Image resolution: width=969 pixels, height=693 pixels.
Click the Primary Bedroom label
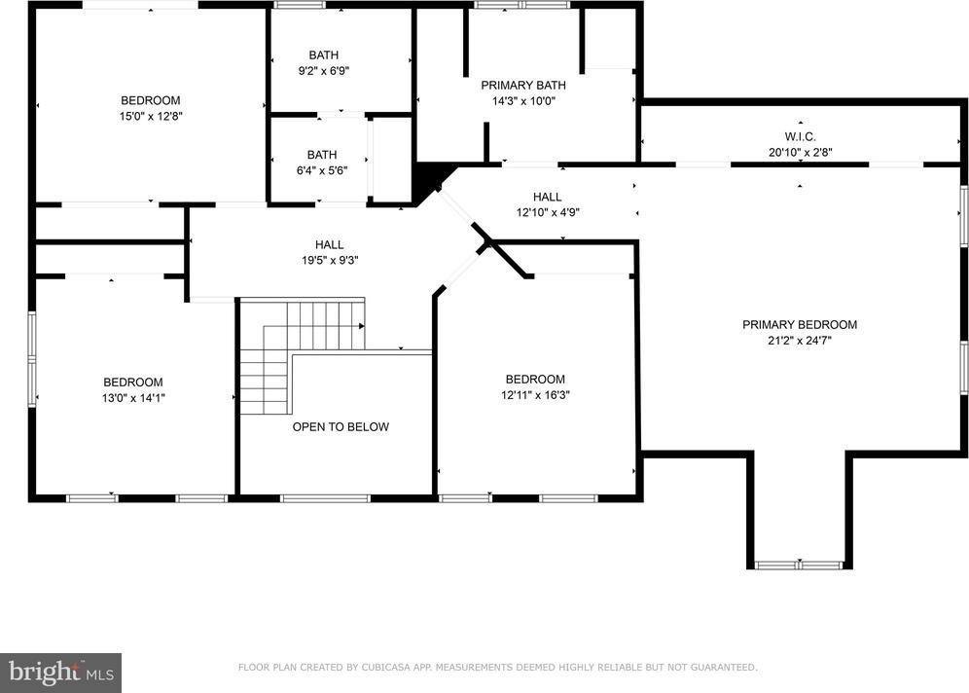point(800,324)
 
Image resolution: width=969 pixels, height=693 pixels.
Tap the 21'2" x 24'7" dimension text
point(800,341)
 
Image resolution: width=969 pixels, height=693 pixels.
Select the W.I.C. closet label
point(800,135)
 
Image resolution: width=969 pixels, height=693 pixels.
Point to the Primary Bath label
point(523,85)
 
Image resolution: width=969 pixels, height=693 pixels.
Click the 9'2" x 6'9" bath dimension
point(323,71)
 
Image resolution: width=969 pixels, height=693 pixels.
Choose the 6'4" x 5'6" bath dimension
point(322,170)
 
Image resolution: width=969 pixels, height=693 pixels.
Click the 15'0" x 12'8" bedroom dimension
point(150,116)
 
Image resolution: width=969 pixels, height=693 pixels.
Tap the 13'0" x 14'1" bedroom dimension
point(133,397)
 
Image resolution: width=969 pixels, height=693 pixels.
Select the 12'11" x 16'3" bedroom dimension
point(535,395)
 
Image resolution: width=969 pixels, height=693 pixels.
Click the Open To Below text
point(341,426)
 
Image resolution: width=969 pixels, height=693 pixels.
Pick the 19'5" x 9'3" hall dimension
point(329,261)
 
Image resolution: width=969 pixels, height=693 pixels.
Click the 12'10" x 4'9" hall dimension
point(547,213)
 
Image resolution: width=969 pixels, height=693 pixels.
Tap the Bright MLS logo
point(60,672)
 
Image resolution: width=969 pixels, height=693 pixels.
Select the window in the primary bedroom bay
point(799,564)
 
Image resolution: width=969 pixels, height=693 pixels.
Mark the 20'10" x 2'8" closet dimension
point(800,152)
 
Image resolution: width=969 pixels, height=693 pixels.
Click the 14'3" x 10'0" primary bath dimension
point(523,100)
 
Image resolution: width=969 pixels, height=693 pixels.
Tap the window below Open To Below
point(325,498)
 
